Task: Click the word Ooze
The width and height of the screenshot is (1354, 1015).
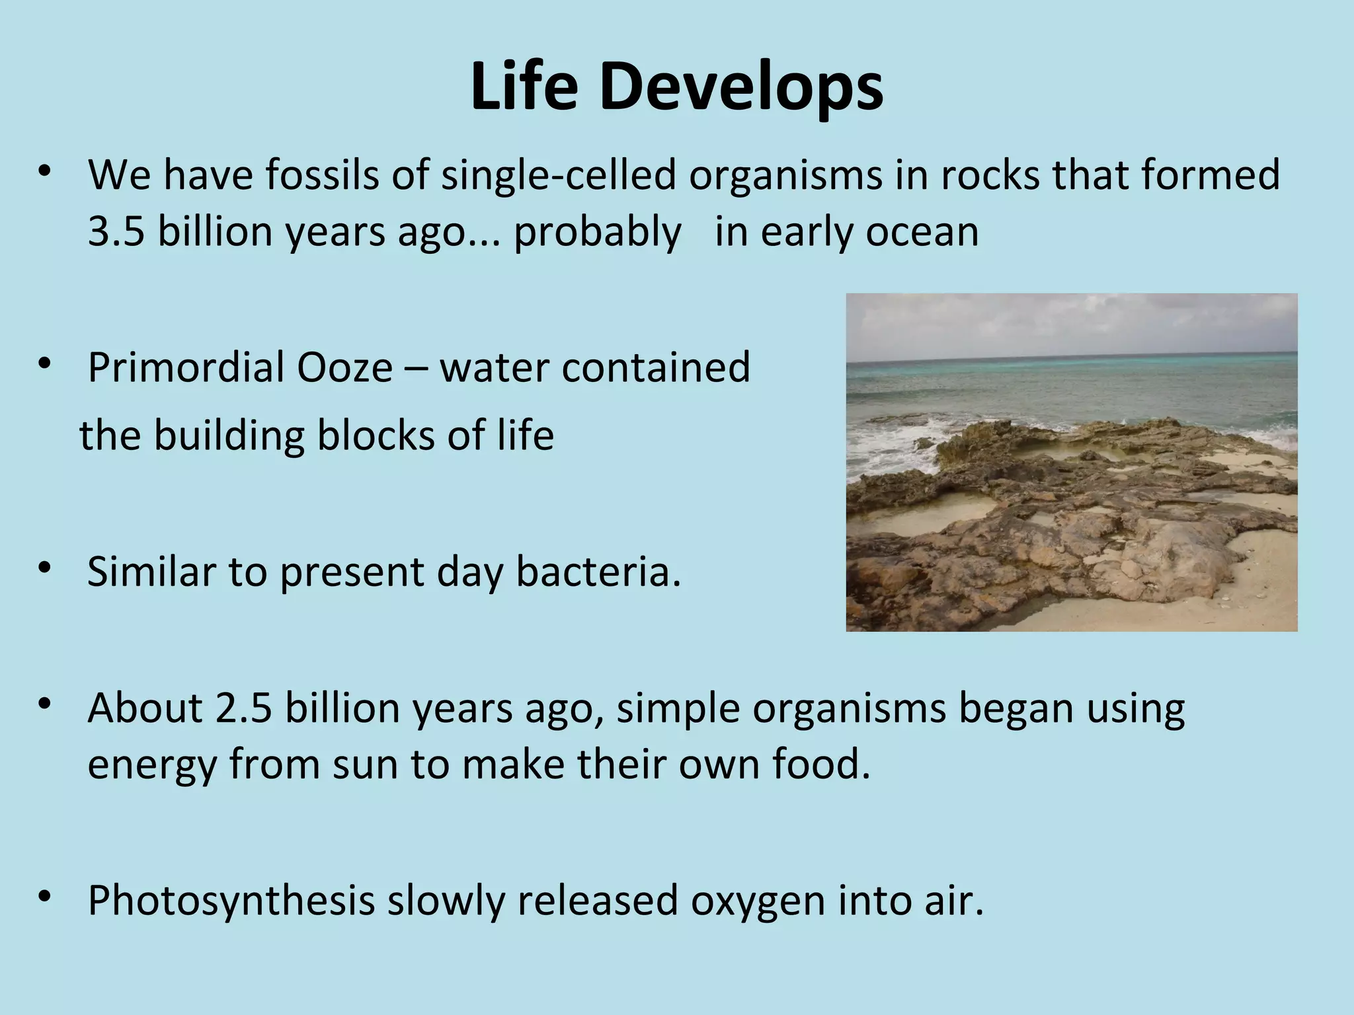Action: (344, 368)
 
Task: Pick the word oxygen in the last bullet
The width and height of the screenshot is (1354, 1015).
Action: (758, 901)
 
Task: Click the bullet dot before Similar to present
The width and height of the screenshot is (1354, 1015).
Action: (45, 568)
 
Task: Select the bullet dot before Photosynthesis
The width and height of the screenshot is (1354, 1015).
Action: (45, 898)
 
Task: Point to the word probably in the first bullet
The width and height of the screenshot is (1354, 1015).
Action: (597, 232)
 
